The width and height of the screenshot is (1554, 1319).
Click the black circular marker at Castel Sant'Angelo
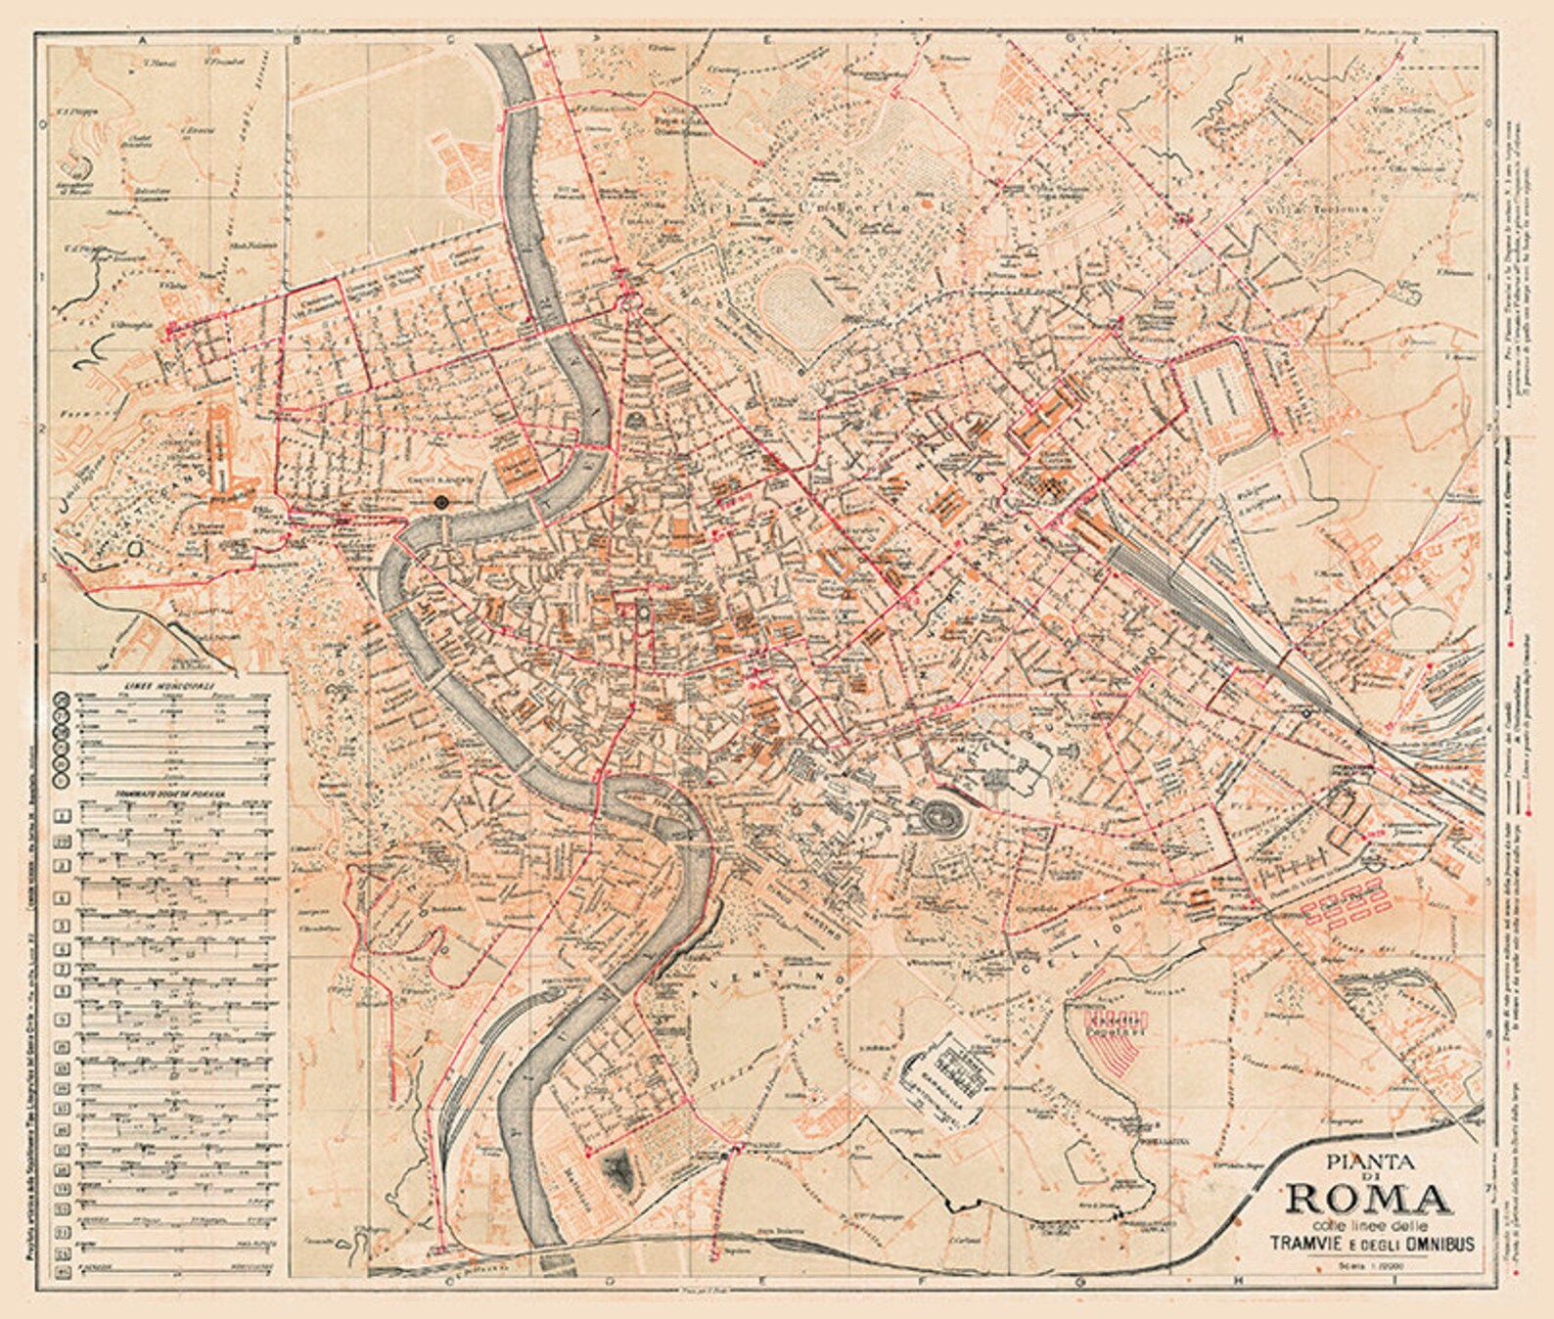pos(441,502)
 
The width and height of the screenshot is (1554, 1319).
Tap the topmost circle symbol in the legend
pos(63,698)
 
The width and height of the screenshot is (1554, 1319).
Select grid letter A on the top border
pos(143,40)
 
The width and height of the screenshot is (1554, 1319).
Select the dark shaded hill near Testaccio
pos(619,1169)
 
